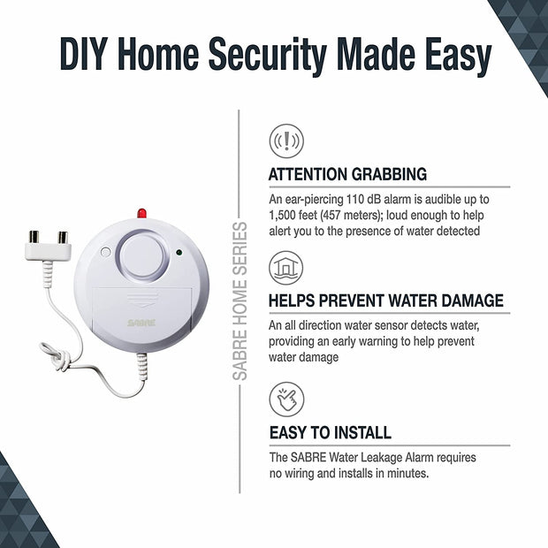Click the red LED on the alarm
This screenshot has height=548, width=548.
tap(141, 214)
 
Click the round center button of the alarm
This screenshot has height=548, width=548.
tap(144, 256)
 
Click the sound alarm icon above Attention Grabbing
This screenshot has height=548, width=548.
tap(285, 141)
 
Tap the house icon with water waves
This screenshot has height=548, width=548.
tap(285, 268)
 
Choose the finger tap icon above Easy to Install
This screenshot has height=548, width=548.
tap(285, 399)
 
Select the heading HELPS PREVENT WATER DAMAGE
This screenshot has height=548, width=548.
tap(385, 301)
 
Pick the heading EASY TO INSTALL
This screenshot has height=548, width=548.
tap(330, 433)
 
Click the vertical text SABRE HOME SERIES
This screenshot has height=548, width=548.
tap(240, 301)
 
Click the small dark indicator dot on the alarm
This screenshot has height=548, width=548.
tap(179, 253)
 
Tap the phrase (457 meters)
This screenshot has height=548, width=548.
tap(363, 216)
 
